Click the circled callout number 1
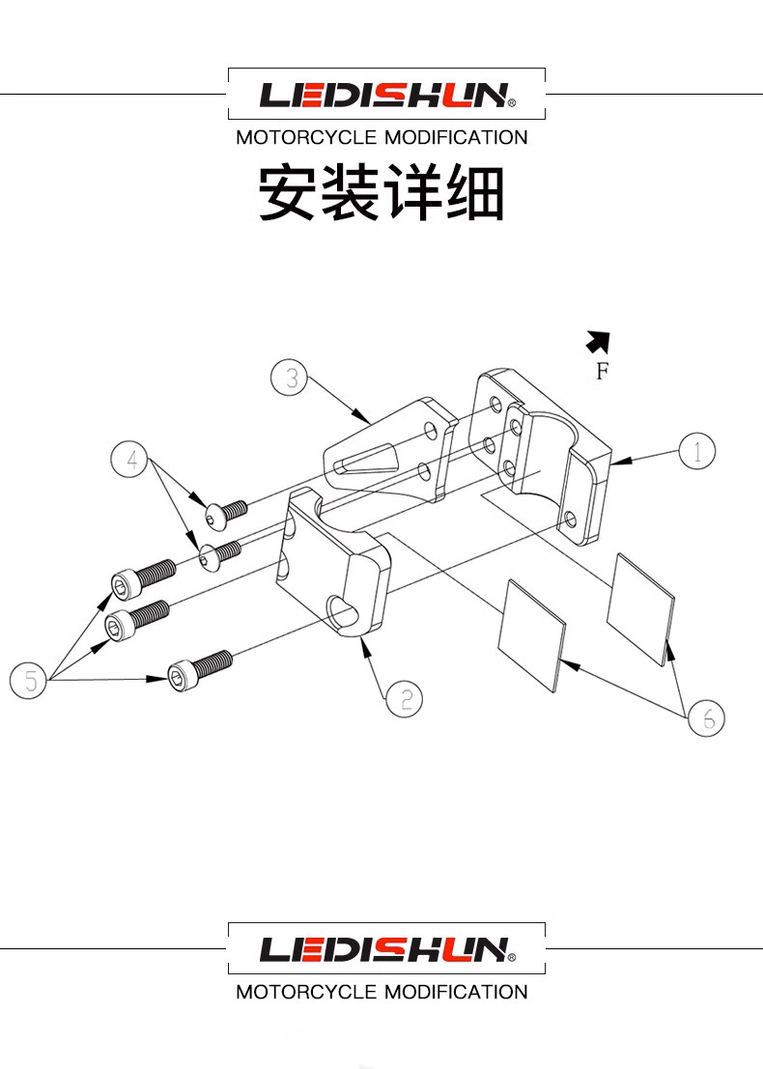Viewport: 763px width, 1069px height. tap(696, 451)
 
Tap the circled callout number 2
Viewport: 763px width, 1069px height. tap(404, 698)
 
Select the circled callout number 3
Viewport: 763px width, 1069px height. tap(290, 378)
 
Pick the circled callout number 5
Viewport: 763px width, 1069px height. tap(29, 681)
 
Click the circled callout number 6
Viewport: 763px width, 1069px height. tap(706, 717)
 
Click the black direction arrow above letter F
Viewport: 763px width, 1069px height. tap(599, 341)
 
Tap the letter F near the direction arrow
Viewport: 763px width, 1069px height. tap(602, 371)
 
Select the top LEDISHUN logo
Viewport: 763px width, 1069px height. tap(386, 95)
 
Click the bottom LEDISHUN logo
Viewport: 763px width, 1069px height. tap(386, 949)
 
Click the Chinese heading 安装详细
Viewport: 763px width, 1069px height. tap(381, 193)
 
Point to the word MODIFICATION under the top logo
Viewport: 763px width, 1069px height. tap(456, 137)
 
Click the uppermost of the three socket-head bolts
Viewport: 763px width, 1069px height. tap(142, 578)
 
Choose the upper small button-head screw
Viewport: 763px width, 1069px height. tap(225, 513)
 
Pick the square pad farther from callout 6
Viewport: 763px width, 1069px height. tap(530, 633)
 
